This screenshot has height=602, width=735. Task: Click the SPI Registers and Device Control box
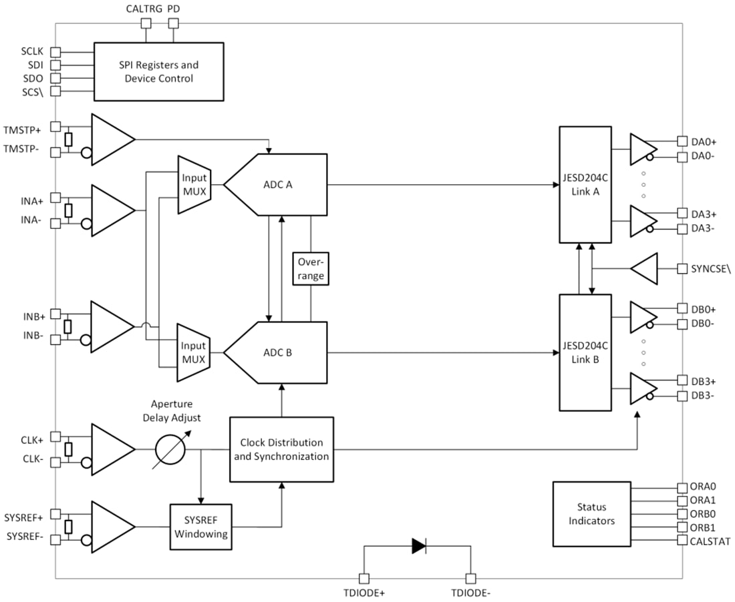[158, 72]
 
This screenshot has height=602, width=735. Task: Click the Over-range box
[311, 268]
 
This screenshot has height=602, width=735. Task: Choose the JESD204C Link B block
[585, 352]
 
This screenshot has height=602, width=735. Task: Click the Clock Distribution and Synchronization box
[281, 449]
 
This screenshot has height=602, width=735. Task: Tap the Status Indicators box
[591, 513]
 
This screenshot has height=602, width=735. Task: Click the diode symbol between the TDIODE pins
[419, 546]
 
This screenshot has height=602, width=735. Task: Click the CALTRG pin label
[143, 9]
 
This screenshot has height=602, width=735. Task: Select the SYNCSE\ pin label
[711, 268]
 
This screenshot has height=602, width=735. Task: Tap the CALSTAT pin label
[710, 541]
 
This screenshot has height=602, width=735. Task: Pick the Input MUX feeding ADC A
[194, 185]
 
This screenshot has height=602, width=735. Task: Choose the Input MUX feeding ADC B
[194, 353]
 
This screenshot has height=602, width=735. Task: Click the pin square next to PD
[174, 24]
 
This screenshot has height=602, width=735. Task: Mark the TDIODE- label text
[472, 593]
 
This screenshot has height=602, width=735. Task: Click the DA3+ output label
[704, 214]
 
